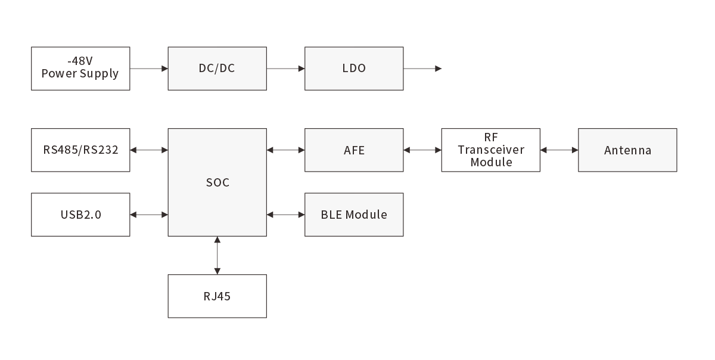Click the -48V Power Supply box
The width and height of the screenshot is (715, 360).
80,69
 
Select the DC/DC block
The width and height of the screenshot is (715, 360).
217,69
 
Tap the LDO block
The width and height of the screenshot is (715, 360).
354,69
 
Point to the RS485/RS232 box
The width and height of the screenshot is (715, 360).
80,150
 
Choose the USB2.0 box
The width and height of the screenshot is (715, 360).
80,215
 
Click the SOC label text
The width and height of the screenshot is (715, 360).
217,182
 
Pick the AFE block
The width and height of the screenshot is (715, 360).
354,150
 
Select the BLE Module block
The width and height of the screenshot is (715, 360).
354,215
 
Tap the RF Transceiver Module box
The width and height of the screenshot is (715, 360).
490,150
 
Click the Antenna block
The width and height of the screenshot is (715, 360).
627,150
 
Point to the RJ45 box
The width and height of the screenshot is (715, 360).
217,296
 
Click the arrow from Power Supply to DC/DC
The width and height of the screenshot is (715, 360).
149,69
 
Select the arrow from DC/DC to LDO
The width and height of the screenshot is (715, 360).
285,69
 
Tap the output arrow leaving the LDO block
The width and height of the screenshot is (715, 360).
422,69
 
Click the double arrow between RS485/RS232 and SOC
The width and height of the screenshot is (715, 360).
149,150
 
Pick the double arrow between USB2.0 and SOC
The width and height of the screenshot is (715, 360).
149,215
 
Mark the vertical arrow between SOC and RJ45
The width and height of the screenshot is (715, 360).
217,255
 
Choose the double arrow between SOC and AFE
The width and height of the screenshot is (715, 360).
285,150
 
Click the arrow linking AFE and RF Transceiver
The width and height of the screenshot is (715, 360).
422,150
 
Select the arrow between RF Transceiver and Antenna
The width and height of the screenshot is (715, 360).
559,150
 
